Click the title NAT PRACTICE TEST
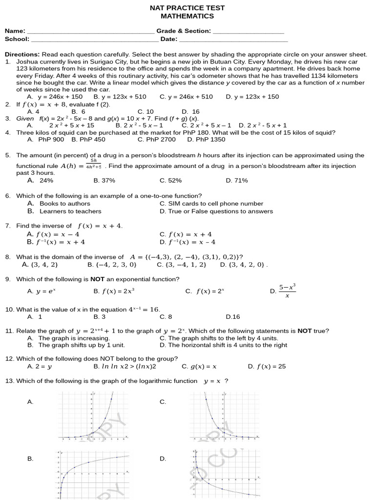pyautogui.click(x=187, y=8)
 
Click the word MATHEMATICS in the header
pyautogui.click(x=187, y=16)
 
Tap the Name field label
pyautogui.click(x=15, y=31)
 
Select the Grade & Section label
pyautogui.click(x=184, y=31)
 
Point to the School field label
pyautogui.click(x=17, y=39)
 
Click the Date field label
pyautogui.click(x=169, y=39)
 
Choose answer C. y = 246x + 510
pyautogui.click(x=186, y=97)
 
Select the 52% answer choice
pyautogui.click(x=170, y=180)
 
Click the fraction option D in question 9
pyautogui.click(x=287, y=291)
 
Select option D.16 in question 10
pyautogui.click(x=233, y=317)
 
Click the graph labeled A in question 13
pyautogui.click(x=93, y=417)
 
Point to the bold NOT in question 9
pyautogui.click(x=97, y=279)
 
